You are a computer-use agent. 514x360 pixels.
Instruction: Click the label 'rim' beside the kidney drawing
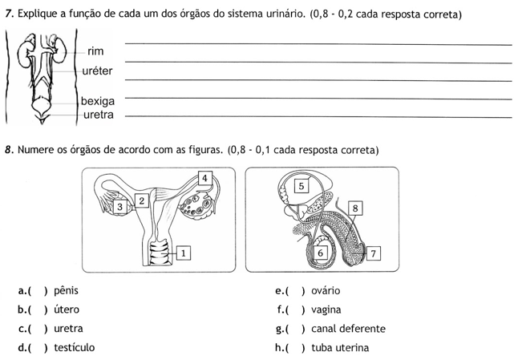click(x=95, y=51)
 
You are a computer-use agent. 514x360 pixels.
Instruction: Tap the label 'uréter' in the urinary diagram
click(x=97, y=71)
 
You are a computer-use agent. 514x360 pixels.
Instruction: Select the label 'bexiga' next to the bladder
click(x=98, y=101)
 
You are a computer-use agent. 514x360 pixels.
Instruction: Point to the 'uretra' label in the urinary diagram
click(x=99, y=115)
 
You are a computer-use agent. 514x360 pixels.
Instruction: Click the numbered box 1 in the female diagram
click(x=184, y=253)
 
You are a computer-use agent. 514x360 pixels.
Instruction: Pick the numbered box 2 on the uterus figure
click(x=142, y=200)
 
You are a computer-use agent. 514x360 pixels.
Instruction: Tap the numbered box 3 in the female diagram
click(x=120, y=207)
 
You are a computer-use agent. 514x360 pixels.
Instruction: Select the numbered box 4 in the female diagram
click(x=205, y=178)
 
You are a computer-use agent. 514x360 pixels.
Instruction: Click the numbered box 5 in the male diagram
click(x=302, y=186)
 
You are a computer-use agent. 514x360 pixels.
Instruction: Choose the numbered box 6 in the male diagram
click(x=320, y=253)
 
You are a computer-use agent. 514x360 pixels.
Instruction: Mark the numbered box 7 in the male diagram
click(x=373, y=253)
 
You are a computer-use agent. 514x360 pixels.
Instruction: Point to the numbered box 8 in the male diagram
click(x=355, y=208)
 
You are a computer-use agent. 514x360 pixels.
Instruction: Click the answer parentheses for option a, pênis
click(x=38, y=291)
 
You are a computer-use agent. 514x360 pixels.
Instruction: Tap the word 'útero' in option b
click(x=67, y=309)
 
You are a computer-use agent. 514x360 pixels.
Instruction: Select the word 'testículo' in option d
click(x=75, y=347)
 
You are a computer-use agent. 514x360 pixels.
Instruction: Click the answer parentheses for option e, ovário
click(x=295, y=291)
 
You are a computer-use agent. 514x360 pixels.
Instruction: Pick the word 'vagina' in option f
click(x=326, y=309)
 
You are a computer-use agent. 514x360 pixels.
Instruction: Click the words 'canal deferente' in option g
click(x=349, y=329)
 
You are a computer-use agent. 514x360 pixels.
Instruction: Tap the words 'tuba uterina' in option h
click(x=340, y=347)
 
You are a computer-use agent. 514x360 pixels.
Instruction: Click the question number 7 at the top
click(x=9, y=14)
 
